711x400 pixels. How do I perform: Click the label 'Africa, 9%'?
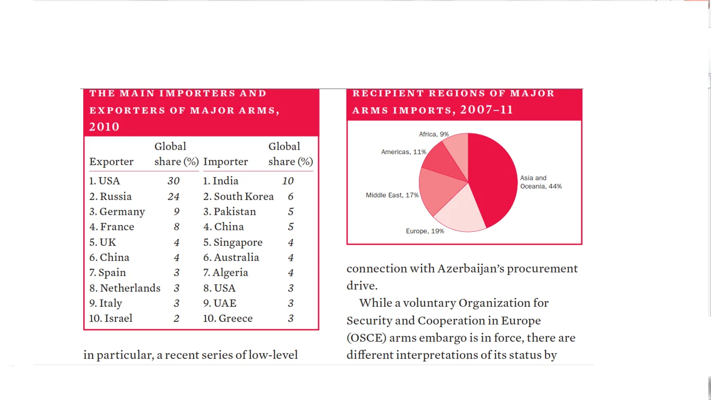click(434, 134)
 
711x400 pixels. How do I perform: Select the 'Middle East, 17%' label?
click(392, 195)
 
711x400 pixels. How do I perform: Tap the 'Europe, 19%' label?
click(425, 231)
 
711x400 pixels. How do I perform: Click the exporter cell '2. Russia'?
click(110, 196)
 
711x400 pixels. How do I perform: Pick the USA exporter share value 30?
click(173, 181)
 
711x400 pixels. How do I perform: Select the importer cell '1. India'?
click(221, 181)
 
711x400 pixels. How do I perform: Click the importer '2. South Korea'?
click(238, 196)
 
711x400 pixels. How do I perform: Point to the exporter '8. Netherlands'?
click(125, 288)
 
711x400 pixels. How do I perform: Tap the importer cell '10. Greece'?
click(228, 318)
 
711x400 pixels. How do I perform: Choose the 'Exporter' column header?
click(111, 161)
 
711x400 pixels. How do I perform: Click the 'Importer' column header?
click(225, 161)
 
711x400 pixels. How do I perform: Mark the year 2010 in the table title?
click(104, 127)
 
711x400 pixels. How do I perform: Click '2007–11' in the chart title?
click(487, 110)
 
